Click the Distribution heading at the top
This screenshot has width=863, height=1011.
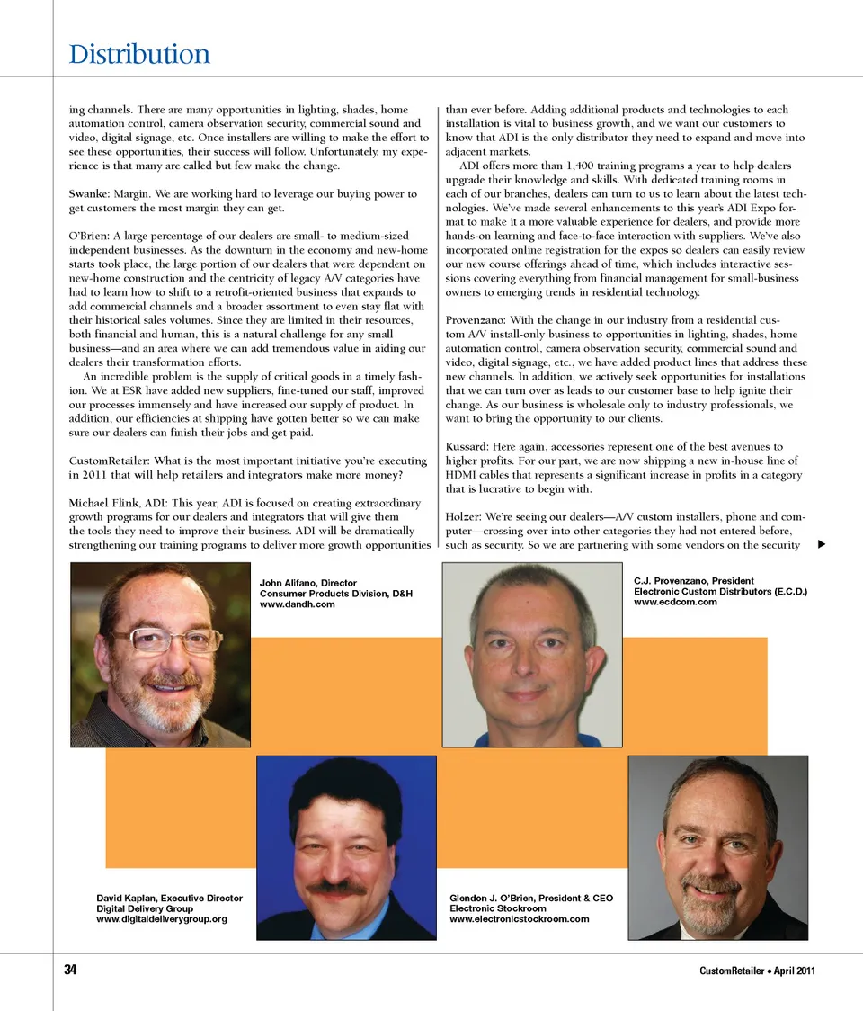pyautogui.click(x=139, y=55)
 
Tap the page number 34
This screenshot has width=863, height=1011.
pyautogui.click(x=71, y=970)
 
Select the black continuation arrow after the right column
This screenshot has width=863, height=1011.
pyautogui.click(x=820, y=544)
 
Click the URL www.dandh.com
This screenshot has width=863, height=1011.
pyautogui.click(x=297, y=604)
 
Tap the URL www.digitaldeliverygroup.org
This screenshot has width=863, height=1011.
pyautogui.click(x=161, y=919)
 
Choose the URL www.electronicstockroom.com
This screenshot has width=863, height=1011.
pyautogui.click(x=519, y=919)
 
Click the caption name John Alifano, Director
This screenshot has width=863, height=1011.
pyautogui.click(x=308, y=583)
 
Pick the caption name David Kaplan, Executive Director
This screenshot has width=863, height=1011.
pyautogui.click(x=169, y=898)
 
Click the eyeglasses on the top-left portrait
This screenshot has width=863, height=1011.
pyautogui.click(x=166, y=640)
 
